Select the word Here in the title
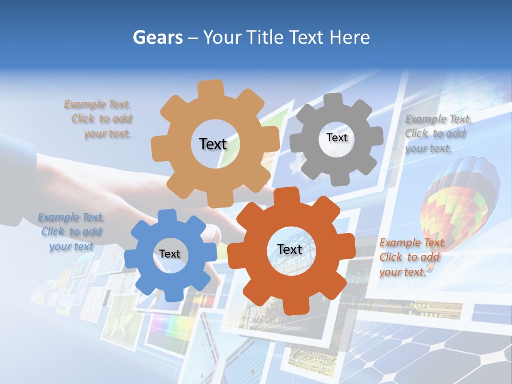[349, 37]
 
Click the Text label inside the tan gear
[213, 144]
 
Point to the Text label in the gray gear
[337, 138]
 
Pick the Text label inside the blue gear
[170, 254]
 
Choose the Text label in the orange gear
[290, 249]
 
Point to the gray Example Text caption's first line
[438, 119]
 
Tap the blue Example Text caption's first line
[71, 217]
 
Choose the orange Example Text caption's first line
[413, 243]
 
